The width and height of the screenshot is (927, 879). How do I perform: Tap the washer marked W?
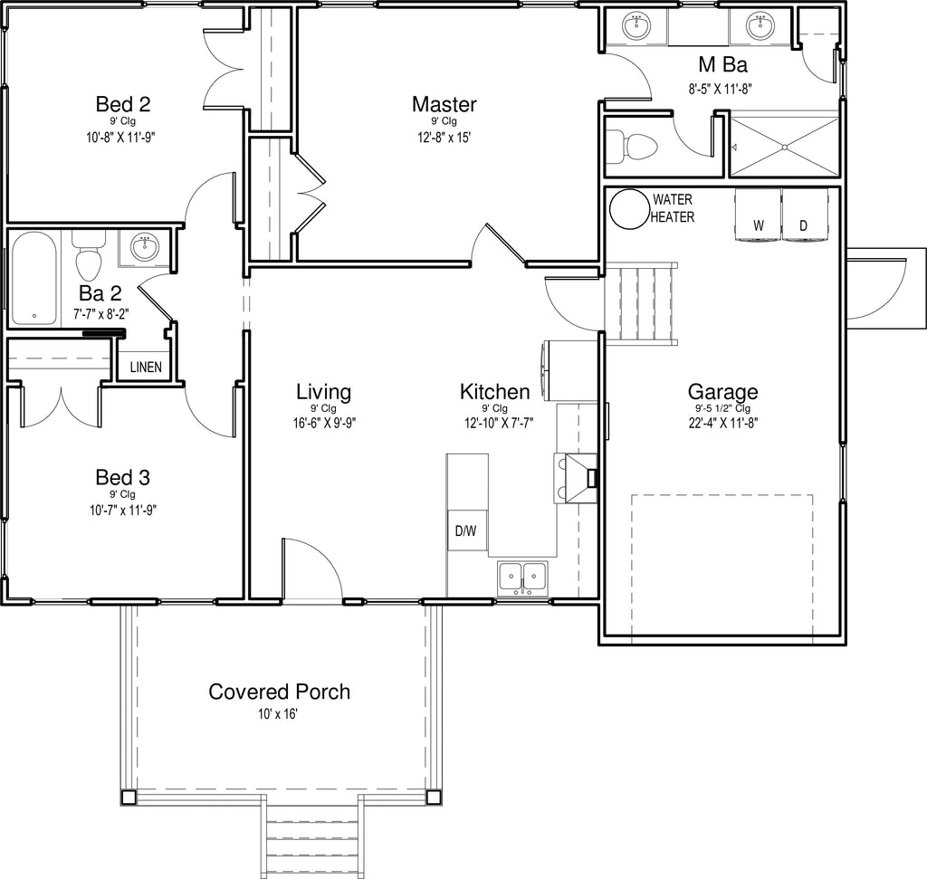(x=758, y=215)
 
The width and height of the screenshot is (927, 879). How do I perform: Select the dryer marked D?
(x=804, y=215)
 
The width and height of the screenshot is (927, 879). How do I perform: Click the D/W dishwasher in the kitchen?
(x=467, y=530)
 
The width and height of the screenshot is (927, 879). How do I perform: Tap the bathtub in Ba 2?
(x=34, y=278)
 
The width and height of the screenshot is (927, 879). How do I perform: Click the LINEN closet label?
(x=146, y=368)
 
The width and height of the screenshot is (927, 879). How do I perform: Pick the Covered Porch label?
(x=279, y=692)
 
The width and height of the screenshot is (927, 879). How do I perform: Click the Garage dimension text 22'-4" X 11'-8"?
(x=723, y=423)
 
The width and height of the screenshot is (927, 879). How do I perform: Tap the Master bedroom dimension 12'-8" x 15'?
(x=444, y=138)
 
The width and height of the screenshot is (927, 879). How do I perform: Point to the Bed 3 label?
(x=123, y=477)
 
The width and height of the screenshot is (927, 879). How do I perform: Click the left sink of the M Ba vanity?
(x=636, y=26)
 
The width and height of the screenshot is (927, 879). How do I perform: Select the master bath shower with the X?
(x=785, y=147)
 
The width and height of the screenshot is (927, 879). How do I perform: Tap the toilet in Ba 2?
(x=89, y=256)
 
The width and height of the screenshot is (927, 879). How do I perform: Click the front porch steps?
(x=311, y=836)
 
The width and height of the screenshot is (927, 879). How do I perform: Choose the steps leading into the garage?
(x=641, y=302)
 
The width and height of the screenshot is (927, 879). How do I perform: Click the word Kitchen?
(x=495, y=391)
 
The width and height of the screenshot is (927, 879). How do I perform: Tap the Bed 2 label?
(x=123, y=104)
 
